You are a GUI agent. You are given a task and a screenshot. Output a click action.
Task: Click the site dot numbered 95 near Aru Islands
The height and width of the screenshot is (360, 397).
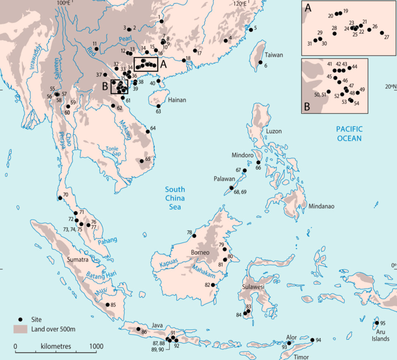[376, 323]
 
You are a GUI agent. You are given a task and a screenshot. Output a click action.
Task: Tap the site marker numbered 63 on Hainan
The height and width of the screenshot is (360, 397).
[158, 106]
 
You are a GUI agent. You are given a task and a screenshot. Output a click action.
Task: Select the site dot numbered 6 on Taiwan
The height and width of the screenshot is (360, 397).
[261, 62]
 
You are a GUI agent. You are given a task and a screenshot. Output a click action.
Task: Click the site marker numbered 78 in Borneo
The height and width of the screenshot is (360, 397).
[194, 236]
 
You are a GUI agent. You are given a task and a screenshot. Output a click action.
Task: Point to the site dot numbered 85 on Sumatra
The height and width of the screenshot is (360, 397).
[108, 305]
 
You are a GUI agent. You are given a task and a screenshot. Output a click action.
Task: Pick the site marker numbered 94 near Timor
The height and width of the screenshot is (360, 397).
[312, 340]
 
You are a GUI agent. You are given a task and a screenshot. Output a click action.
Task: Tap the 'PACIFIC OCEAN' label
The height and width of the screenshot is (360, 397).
[349, 134]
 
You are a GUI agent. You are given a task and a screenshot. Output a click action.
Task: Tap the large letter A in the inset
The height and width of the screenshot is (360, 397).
[308, 7]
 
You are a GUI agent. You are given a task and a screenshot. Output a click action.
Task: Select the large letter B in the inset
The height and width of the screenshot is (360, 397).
[307, 106]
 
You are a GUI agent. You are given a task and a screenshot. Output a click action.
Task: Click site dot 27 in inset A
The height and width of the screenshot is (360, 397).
[382, 33]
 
